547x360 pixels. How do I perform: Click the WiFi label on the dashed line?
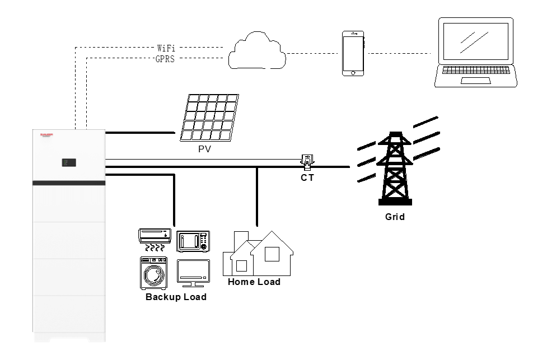point(166,49)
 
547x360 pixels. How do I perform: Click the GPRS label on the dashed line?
point(165,59)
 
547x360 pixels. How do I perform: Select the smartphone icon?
point(353,53)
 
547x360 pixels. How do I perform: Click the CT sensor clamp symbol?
point(307,161)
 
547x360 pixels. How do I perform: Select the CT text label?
point(307,177)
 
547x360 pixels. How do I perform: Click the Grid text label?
point(395,217)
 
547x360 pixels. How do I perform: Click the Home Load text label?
point(254,282)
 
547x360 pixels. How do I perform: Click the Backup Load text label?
point(176,297)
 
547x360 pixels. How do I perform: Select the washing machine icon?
point(152,273)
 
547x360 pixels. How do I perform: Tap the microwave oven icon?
point(193,241)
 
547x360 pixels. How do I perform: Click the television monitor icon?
point(193,273)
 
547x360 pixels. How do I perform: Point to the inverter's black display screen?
point(69,163)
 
